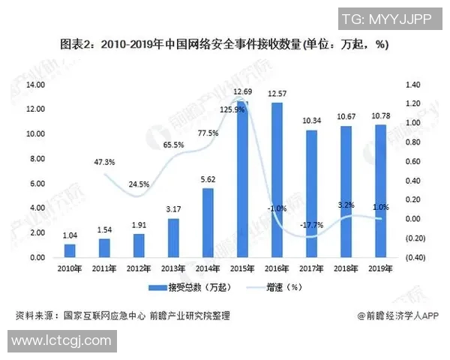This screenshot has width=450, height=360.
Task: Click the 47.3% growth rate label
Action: point(104,162)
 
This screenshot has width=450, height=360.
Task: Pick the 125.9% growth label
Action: point(232,110)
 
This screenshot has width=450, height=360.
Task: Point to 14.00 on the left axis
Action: point(35,85)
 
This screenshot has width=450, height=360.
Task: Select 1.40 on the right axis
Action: point(414,85)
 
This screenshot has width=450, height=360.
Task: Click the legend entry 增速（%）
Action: point(286,287)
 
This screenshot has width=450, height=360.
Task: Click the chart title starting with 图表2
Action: point(225,45)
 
